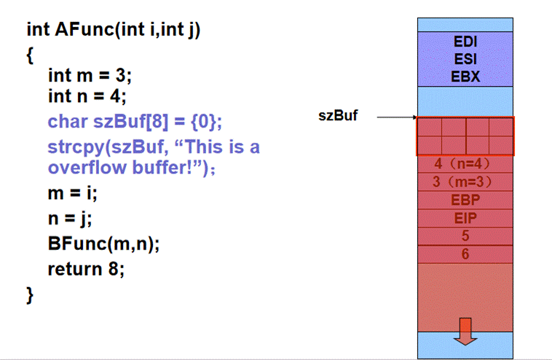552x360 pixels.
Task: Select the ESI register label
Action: point(465,60)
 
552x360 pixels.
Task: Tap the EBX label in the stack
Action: point(465,75)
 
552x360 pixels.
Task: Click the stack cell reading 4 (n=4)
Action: point(465,164)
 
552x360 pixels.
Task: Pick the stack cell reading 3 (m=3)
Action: point(465,181)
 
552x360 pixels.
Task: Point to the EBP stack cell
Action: point(465,199)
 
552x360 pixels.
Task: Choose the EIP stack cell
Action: point(465,217)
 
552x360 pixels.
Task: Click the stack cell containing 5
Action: point(465,235)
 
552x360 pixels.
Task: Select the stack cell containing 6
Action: point(465,254)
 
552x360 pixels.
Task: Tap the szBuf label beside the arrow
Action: point(338,116)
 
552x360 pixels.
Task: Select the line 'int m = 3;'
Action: point(90,75)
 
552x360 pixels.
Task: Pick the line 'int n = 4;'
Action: point(90,95)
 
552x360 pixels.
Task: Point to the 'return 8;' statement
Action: point(86,269)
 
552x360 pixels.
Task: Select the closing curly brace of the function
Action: point(30,294)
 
